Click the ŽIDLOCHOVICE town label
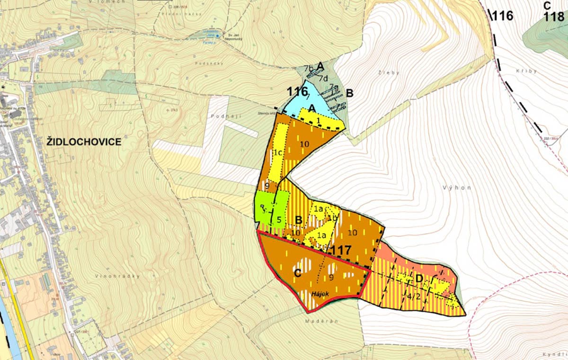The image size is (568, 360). coord(84,142)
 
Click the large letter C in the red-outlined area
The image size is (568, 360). coord(298,273)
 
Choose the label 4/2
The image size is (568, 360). coord(413,297)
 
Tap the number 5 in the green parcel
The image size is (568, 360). coord(280,219)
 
